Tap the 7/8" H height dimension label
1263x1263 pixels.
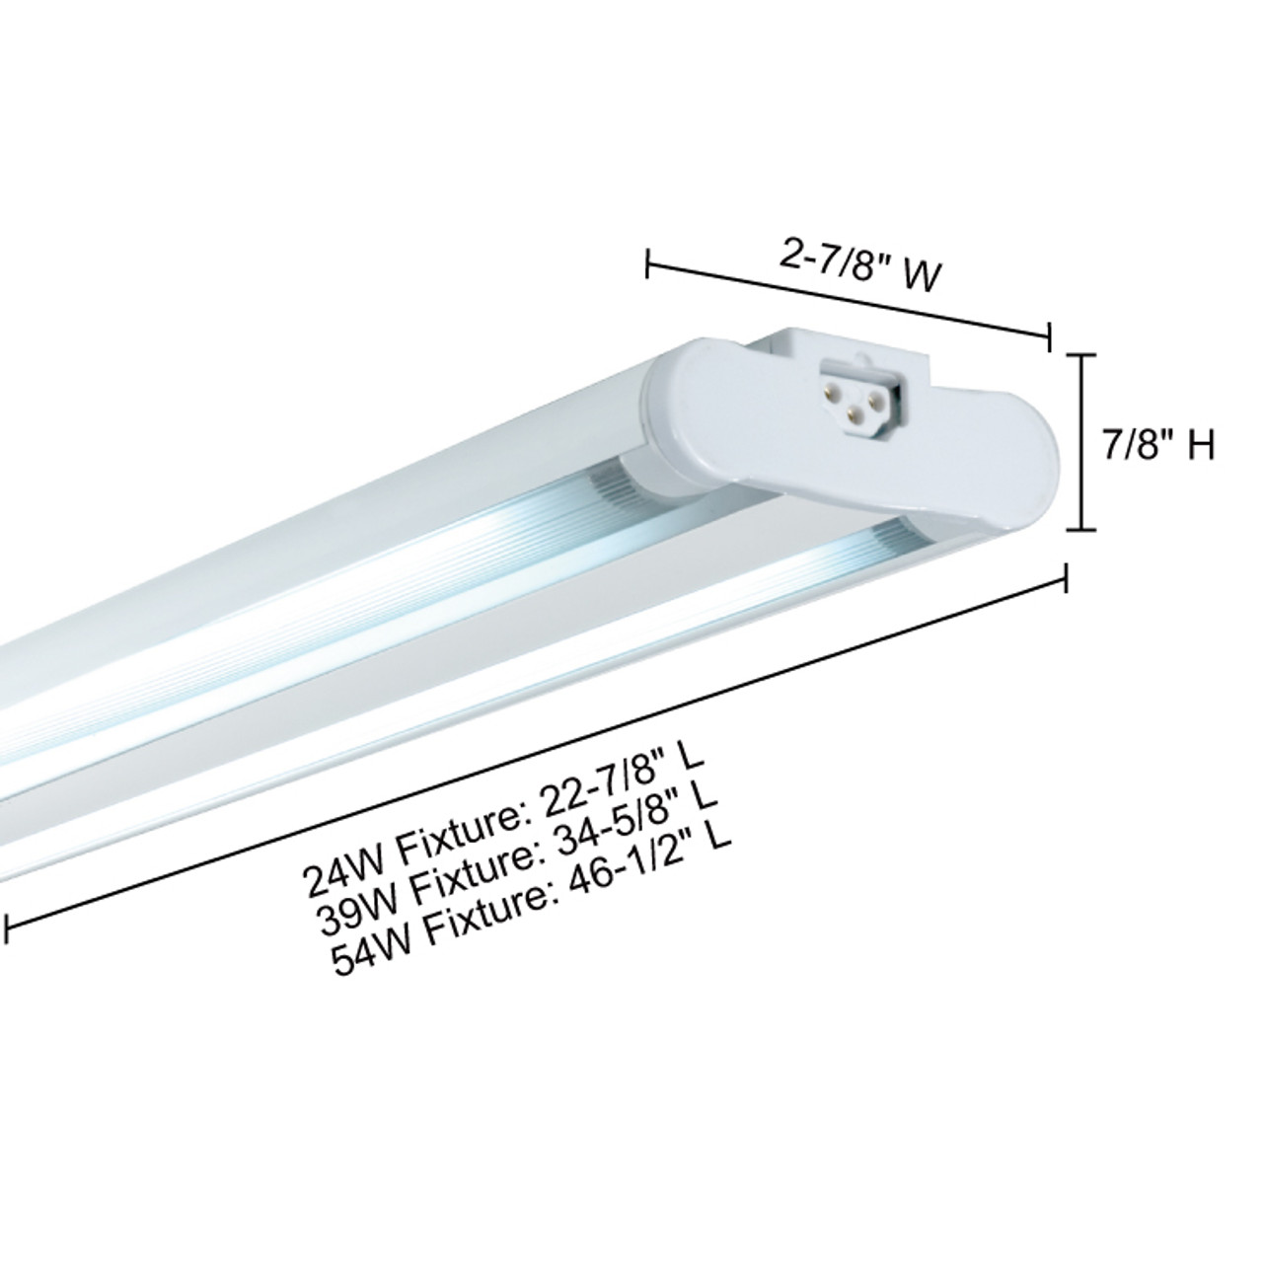click(1157, 449)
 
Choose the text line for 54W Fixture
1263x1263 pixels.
click(534, 878)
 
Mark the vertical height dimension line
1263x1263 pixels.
click(1082, 442)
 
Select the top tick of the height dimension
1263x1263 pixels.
click(1082, 355)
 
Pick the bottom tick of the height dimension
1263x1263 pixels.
click(1082, 530)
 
